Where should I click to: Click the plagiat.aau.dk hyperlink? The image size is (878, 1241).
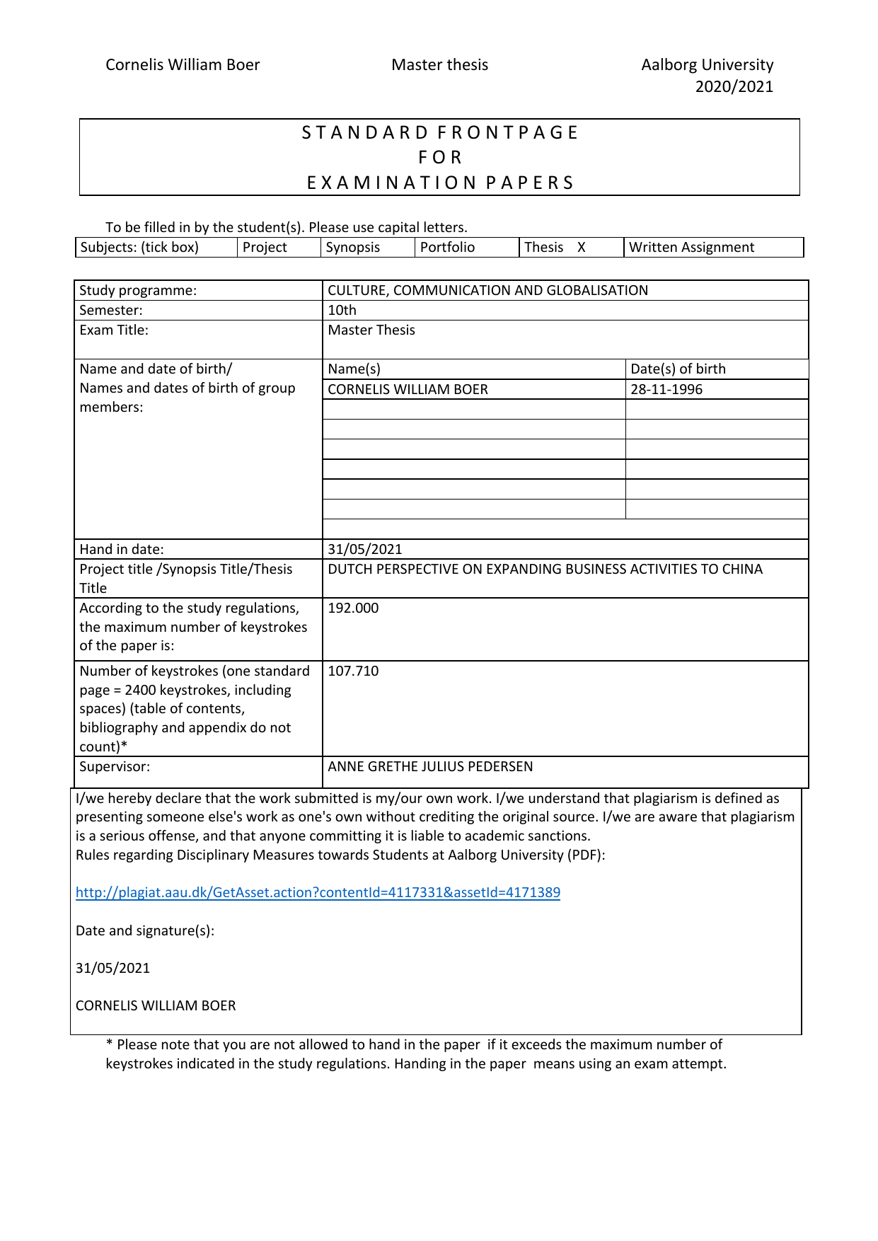pos(318,892)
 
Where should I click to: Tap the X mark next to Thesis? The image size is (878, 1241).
pos(582,248)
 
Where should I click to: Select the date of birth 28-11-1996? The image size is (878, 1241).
pos(666,389)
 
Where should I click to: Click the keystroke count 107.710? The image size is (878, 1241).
pos(353,671)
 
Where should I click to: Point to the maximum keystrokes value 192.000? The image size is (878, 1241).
pos(353,608)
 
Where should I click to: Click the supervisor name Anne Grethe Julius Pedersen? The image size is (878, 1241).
pos(430,766)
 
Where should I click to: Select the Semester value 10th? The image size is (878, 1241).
pos(342,310)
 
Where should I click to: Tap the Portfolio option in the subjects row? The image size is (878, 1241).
pos(447,248)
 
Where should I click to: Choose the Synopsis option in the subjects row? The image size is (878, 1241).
pos(352,248)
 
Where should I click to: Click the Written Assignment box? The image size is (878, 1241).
pos(691,248)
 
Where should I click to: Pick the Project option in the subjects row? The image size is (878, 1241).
pos(265,248)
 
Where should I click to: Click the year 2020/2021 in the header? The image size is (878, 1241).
pos(734,86)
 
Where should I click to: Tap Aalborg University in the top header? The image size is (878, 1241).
pos(707,64)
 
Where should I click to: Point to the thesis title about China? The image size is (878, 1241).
pos(545,569)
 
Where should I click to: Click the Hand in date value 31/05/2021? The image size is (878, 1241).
pos(364,549)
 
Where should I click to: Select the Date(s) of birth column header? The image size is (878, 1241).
pos(678,369)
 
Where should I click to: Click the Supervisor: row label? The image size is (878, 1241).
pos(115,766)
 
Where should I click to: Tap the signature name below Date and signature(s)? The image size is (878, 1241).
pos(156,1005)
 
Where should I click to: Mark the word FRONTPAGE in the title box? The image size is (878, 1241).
pos(507,133)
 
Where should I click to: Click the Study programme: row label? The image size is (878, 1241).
pos(138,290)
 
